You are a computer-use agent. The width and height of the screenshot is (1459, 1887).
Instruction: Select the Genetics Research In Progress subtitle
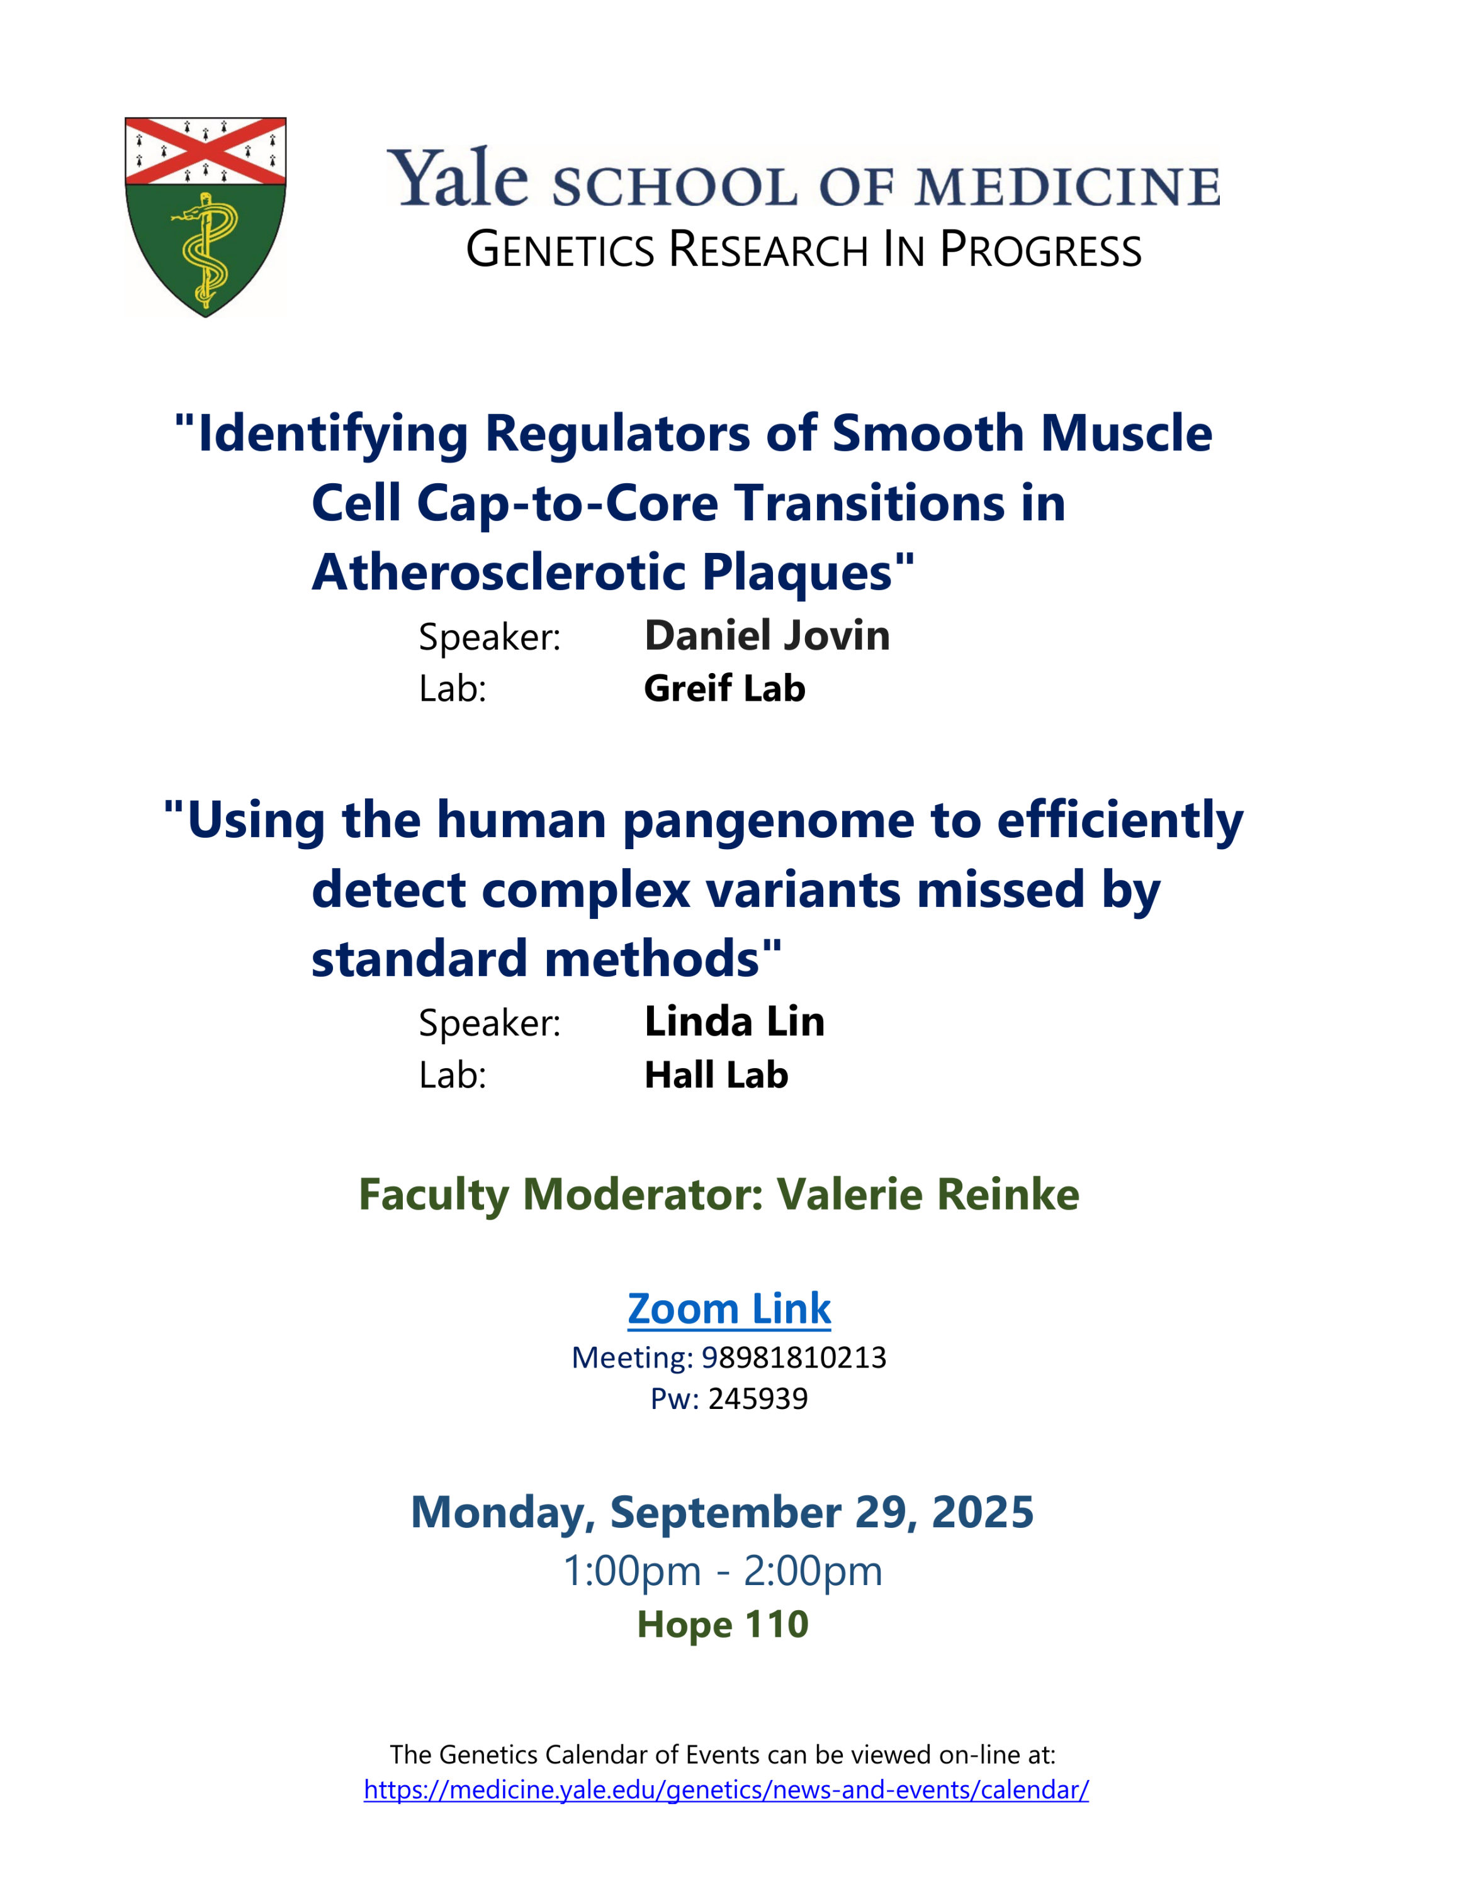(x=804, y=250)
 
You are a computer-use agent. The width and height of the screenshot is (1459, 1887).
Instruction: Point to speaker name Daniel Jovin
(x=767, y=635)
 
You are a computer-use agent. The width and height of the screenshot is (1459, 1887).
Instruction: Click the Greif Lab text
(x=724, y=689)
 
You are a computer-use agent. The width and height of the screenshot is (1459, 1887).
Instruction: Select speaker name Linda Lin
(x=735, y=1021)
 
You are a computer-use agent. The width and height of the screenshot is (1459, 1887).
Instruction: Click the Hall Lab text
(x=716, y=1075)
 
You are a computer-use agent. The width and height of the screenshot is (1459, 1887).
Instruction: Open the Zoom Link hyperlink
(x=729, y=1308)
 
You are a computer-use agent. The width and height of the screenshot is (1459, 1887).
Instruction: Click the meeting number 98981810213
(x=794, y=1357)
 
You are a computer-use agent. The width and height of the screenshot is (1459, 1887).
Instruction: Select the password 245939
(x=758, y=1399)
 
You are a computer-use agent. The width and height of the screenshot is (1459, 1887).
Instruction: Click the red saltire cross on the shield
(x=206, y=151)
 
